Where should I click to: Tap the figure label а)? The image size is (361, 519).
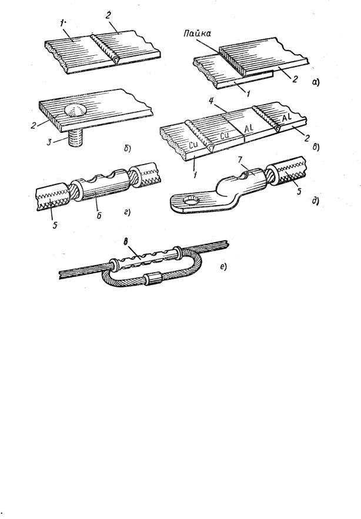[x=316, y=82]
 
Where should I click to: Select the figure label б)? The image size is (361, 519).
[x=128, y=149]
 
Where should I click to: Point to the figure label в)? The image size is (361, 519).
[x=315, y=146]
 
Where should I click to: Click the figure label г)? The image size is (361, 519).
[x=127, y=212]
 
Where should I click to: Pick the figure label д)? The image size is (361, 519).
[x=315, y=201]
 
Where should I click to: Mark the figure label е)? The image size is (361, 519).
[x=223, y=266]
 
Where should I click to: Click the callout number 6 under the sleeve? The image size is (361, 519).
[x=99, y=216]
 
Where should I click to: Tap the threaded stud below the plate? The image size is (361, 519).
[x=75, y=138]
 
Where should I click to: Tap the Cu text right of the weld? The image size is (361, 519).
[x=225, y=135]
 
